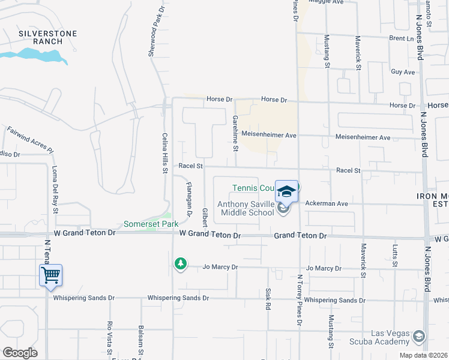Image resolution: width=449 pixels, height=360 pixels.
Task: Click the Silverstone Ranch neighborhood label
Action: pos(48,37)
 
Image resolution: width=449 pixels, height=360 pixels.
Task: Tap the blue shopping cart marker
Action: pos(51,276)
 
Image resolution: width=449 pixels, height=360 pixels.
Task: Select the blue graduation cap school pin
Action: pos(287,191)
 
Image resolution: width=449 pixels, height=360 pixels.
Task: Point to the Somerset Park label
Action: pos(143,224)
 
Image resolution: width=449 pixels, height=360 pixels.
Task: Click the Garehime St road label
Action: pos(236,133)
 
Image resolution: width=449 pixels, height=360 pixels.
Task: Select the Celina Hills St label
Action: pos(164,154)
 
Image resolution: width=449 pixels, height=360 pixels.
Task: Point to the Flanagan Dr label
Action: pos(188,199)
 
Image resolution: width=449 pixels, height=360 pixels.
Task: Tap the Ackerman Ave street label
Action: pos(327,203)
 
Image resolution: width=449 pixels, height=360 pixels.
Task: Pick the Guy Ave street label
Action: pos(403,72)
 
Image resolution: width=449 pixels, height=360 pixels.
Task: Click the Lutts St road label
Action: pos(394,254)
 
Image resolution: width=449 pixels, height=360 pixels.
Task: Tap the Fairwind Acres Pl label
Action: pos(30,139)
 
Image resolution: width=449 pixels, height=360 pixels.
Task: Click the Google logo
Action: pos(20,352)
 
